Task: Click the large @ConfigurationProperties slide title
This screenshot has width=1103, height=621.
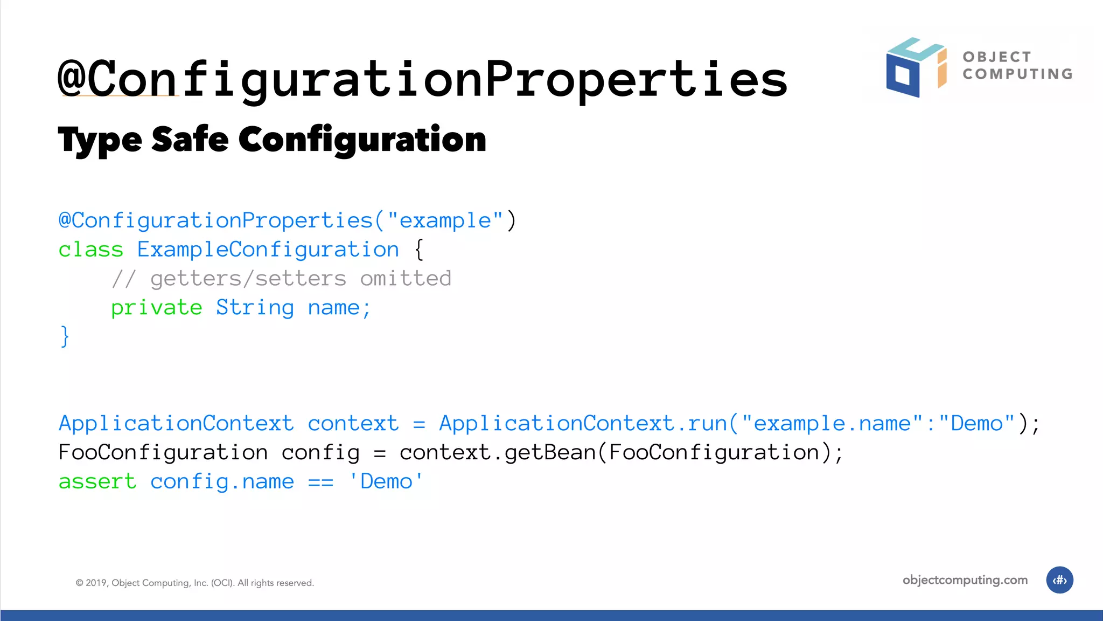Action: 423,79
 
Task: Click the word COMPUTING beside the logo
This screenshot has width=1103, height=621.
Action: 1017,74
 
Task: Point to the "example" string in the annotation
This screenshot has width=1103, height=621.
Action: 445,220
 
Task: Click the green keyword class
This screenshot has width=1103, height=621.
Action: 91,250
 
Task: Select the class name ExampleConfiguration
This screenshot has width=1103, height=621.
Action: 268,250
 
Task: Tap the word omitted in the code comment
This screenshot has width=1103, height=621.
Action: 406,279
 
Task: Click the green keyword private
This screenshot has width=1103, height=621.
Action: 157,308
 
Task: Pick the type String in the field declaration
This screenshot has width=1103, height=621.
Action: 255,308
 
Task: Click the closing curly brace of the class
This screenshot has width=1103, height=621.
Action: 65,336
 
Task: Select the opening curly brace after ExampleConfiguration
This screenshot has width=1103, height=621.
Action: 419,250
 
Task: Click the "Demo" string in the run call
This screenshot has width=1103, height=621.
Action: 976,424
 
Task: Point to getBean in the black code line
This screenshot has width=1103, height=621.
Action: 549,453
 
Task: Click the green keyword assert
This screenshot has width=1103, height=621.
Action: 97,482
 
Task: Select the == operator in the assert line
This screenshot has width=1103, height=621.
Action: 320,482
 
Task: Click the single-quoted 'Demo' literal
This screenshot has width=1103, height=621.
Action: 386,482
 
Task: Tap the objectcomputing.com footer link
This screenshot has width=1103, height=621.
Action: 965,580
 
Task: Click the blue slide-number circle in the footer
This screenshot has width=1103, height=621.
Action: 1059,580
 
